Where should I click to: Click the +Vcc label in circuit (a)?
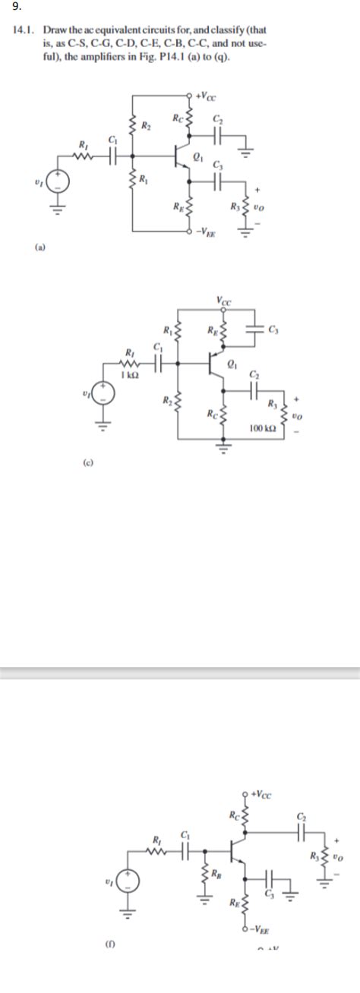205,96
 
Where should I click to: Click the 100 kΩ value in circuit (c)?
261,429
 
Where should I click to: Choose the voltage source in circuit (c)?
104,393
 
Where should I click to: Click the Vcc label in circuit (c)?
224,301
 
